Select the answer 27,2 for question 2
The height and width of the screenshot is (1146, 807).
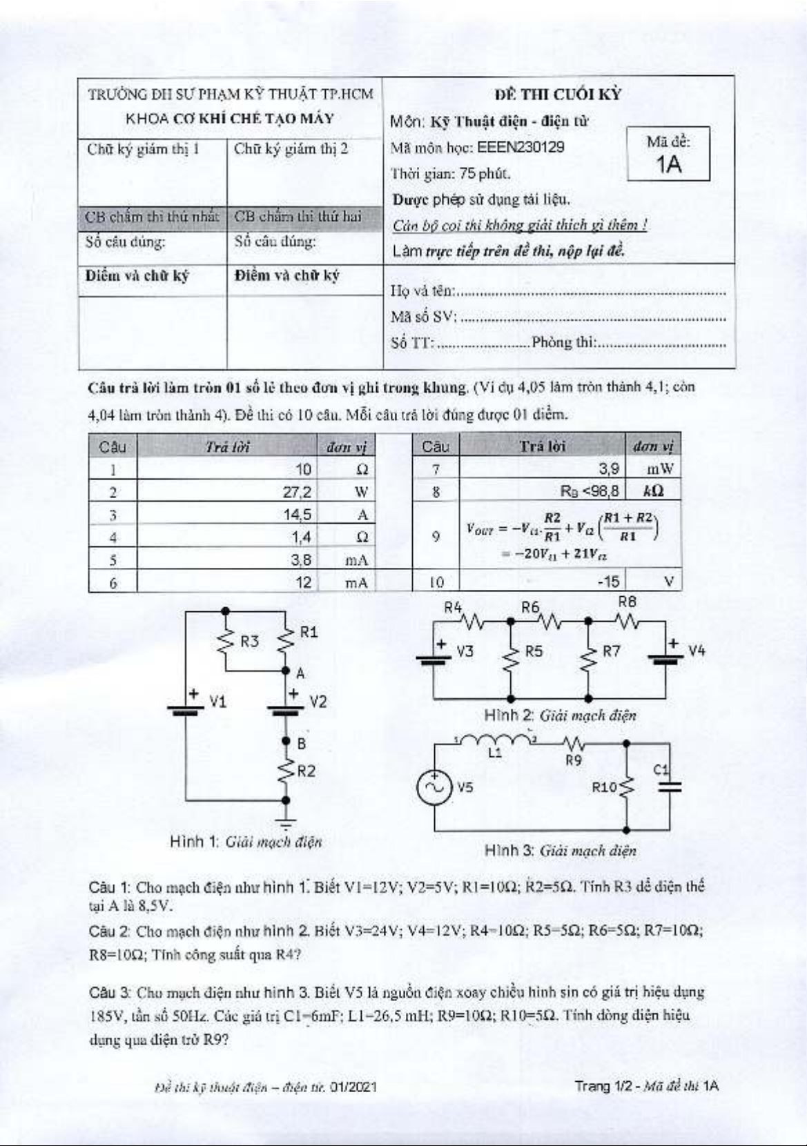point(298,492)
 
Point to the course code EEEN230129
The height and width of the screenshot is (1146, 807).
point(521,147)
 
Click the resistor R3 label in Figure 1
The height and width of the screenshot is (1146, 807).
point(249,641)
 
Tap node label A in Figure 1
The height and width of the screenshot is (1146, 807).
point(300,673)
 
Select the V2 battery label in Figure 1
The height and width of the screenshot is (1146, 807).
point(318,702)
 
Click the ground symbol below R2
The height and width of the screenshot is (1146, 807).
point(286,822)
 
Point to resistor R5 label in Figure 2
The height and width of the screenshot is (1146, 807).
point(534,651)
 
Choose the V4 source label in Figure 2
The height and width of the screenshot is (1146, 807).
point(697,651)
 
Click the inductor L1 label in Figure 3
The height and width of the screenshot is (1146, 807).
point(495,753)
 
